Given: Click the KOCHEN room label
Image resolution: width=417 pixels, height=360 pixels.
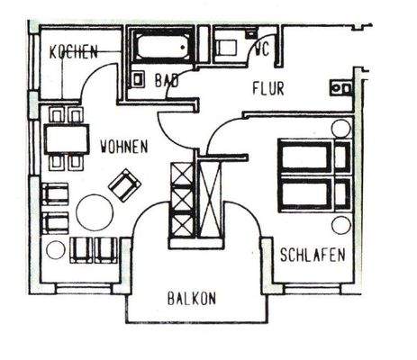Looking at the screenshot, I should (x=74, y=53).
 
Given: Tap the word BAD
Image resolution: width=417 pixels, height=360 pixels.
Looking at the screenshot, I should (x=166, y=80).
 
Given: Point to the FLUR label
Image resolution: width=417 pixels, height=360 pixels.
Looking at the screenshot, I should (x=267, y=87).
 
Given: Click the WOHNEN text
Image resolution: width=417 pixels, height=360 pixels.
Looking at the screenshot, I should (x=124, y=144).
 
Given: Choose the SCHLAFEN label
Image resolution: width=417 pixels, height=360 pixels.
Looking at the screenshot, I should (x=312, y=255).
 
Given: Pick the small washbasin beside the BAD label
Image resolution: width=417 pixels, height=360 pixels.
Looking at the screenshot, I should (x=139, y=79).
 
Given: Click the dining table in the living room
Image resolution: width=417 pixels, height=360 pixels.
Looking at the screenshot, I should (x=66, y=138).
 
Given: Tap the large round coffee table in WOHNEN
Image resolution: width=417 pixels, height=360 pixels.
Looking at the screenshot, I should (x=94, y=212).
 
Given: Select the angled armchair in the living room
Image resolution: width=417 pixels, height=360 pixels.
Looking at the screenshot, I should (x=124, y=185).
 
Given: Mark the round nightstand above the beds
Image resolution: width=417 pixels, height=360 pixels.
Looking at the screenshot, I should (x=340, y=128).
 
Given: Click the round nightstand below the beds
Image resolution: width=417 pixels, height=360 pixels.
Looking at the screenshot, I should (x=340, y=224).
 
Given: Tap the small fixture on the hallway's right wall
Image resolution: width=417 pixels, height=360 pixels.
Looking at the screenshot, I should (x=341, y=88).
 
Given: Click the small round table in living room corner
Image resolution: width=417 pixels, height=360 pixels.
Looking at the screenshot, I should (x=55, y=250).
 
